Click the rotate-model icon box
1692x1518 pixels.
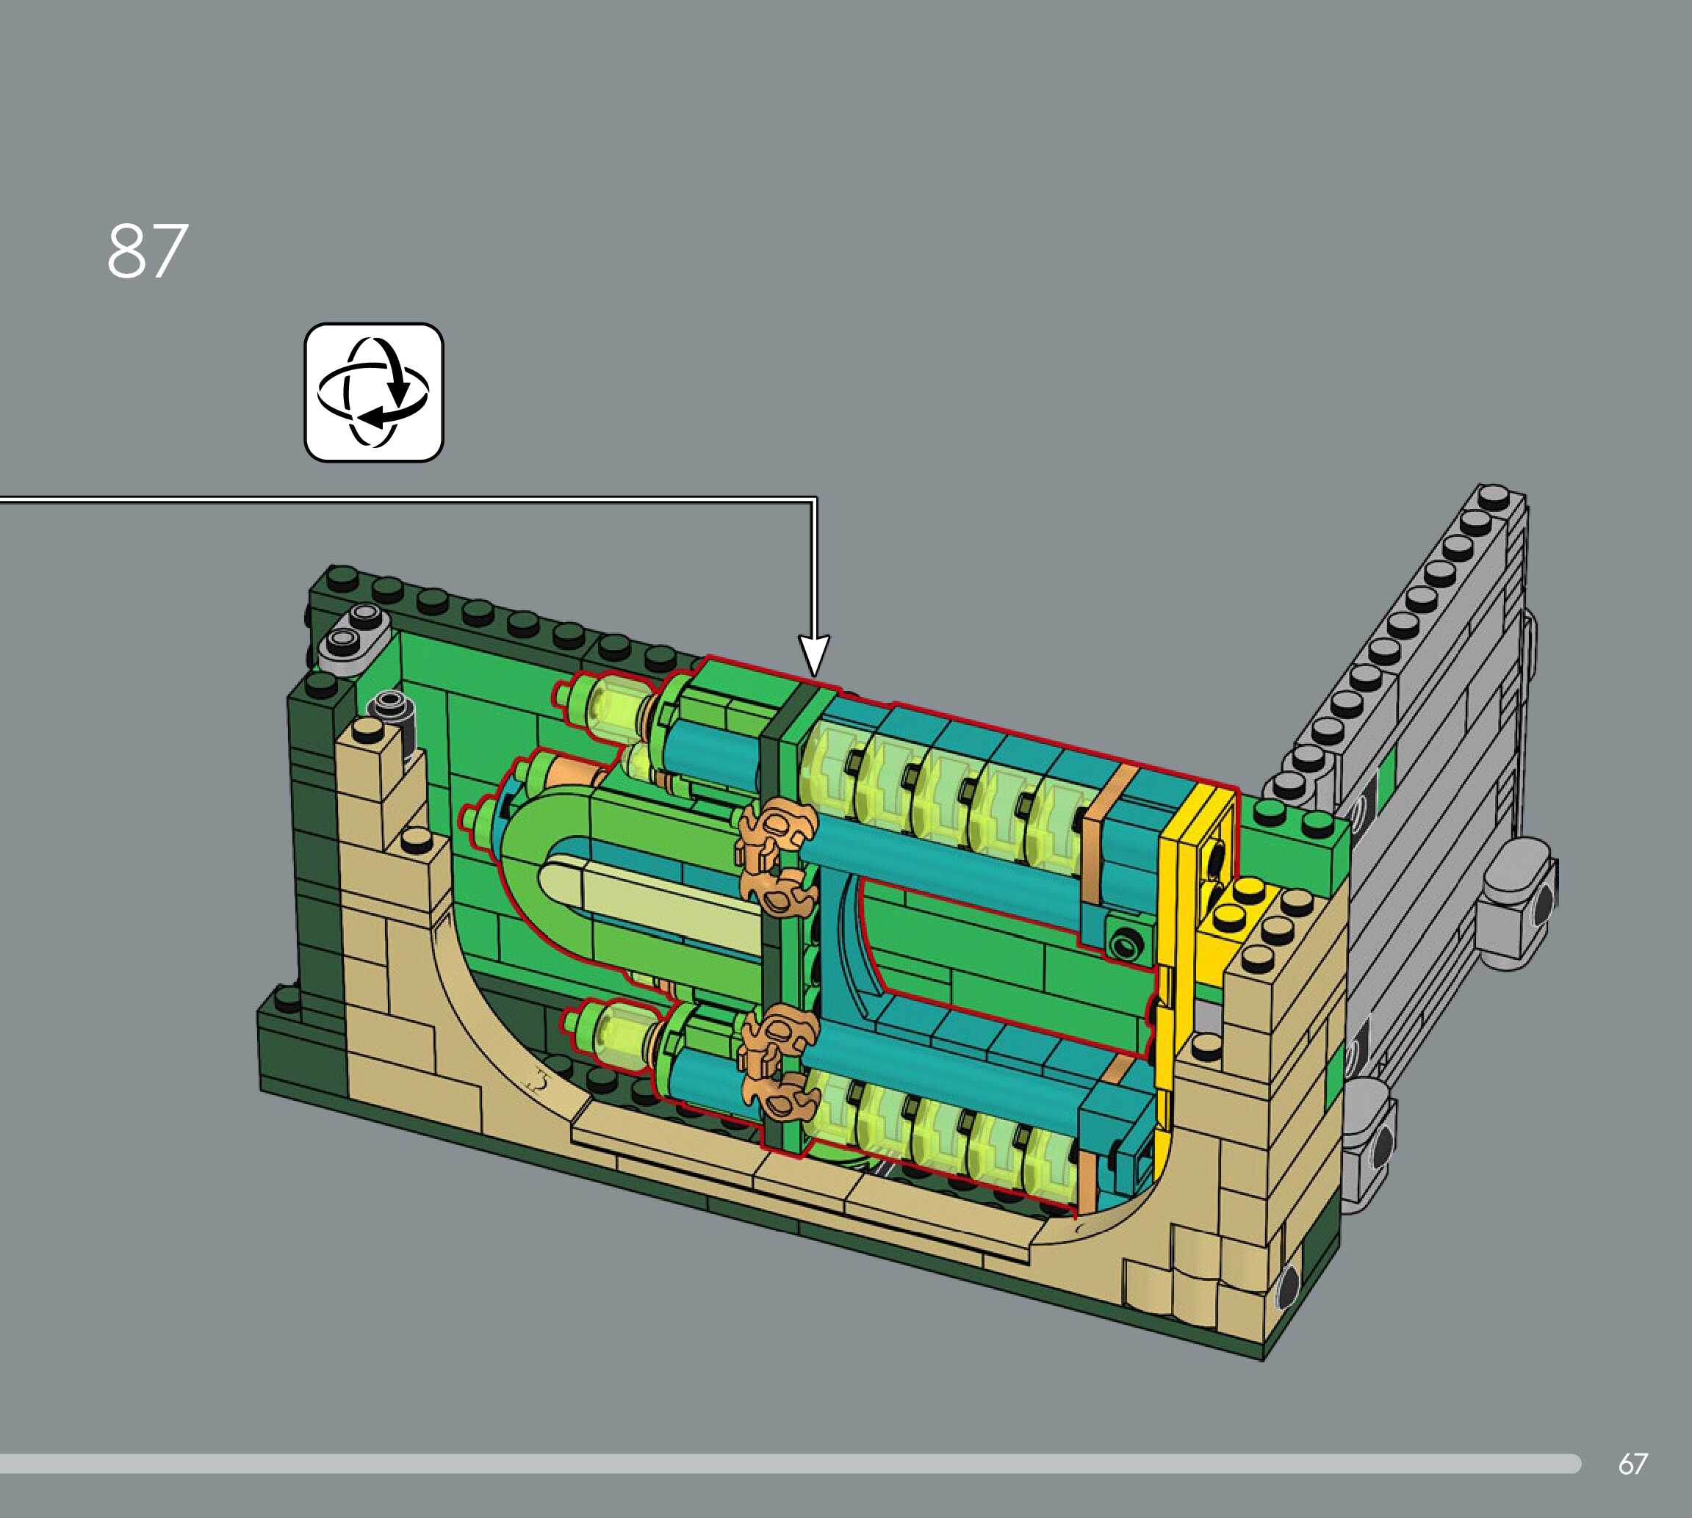coord(374,392)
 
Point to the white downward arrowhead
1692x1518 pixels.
coord(814,656)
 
